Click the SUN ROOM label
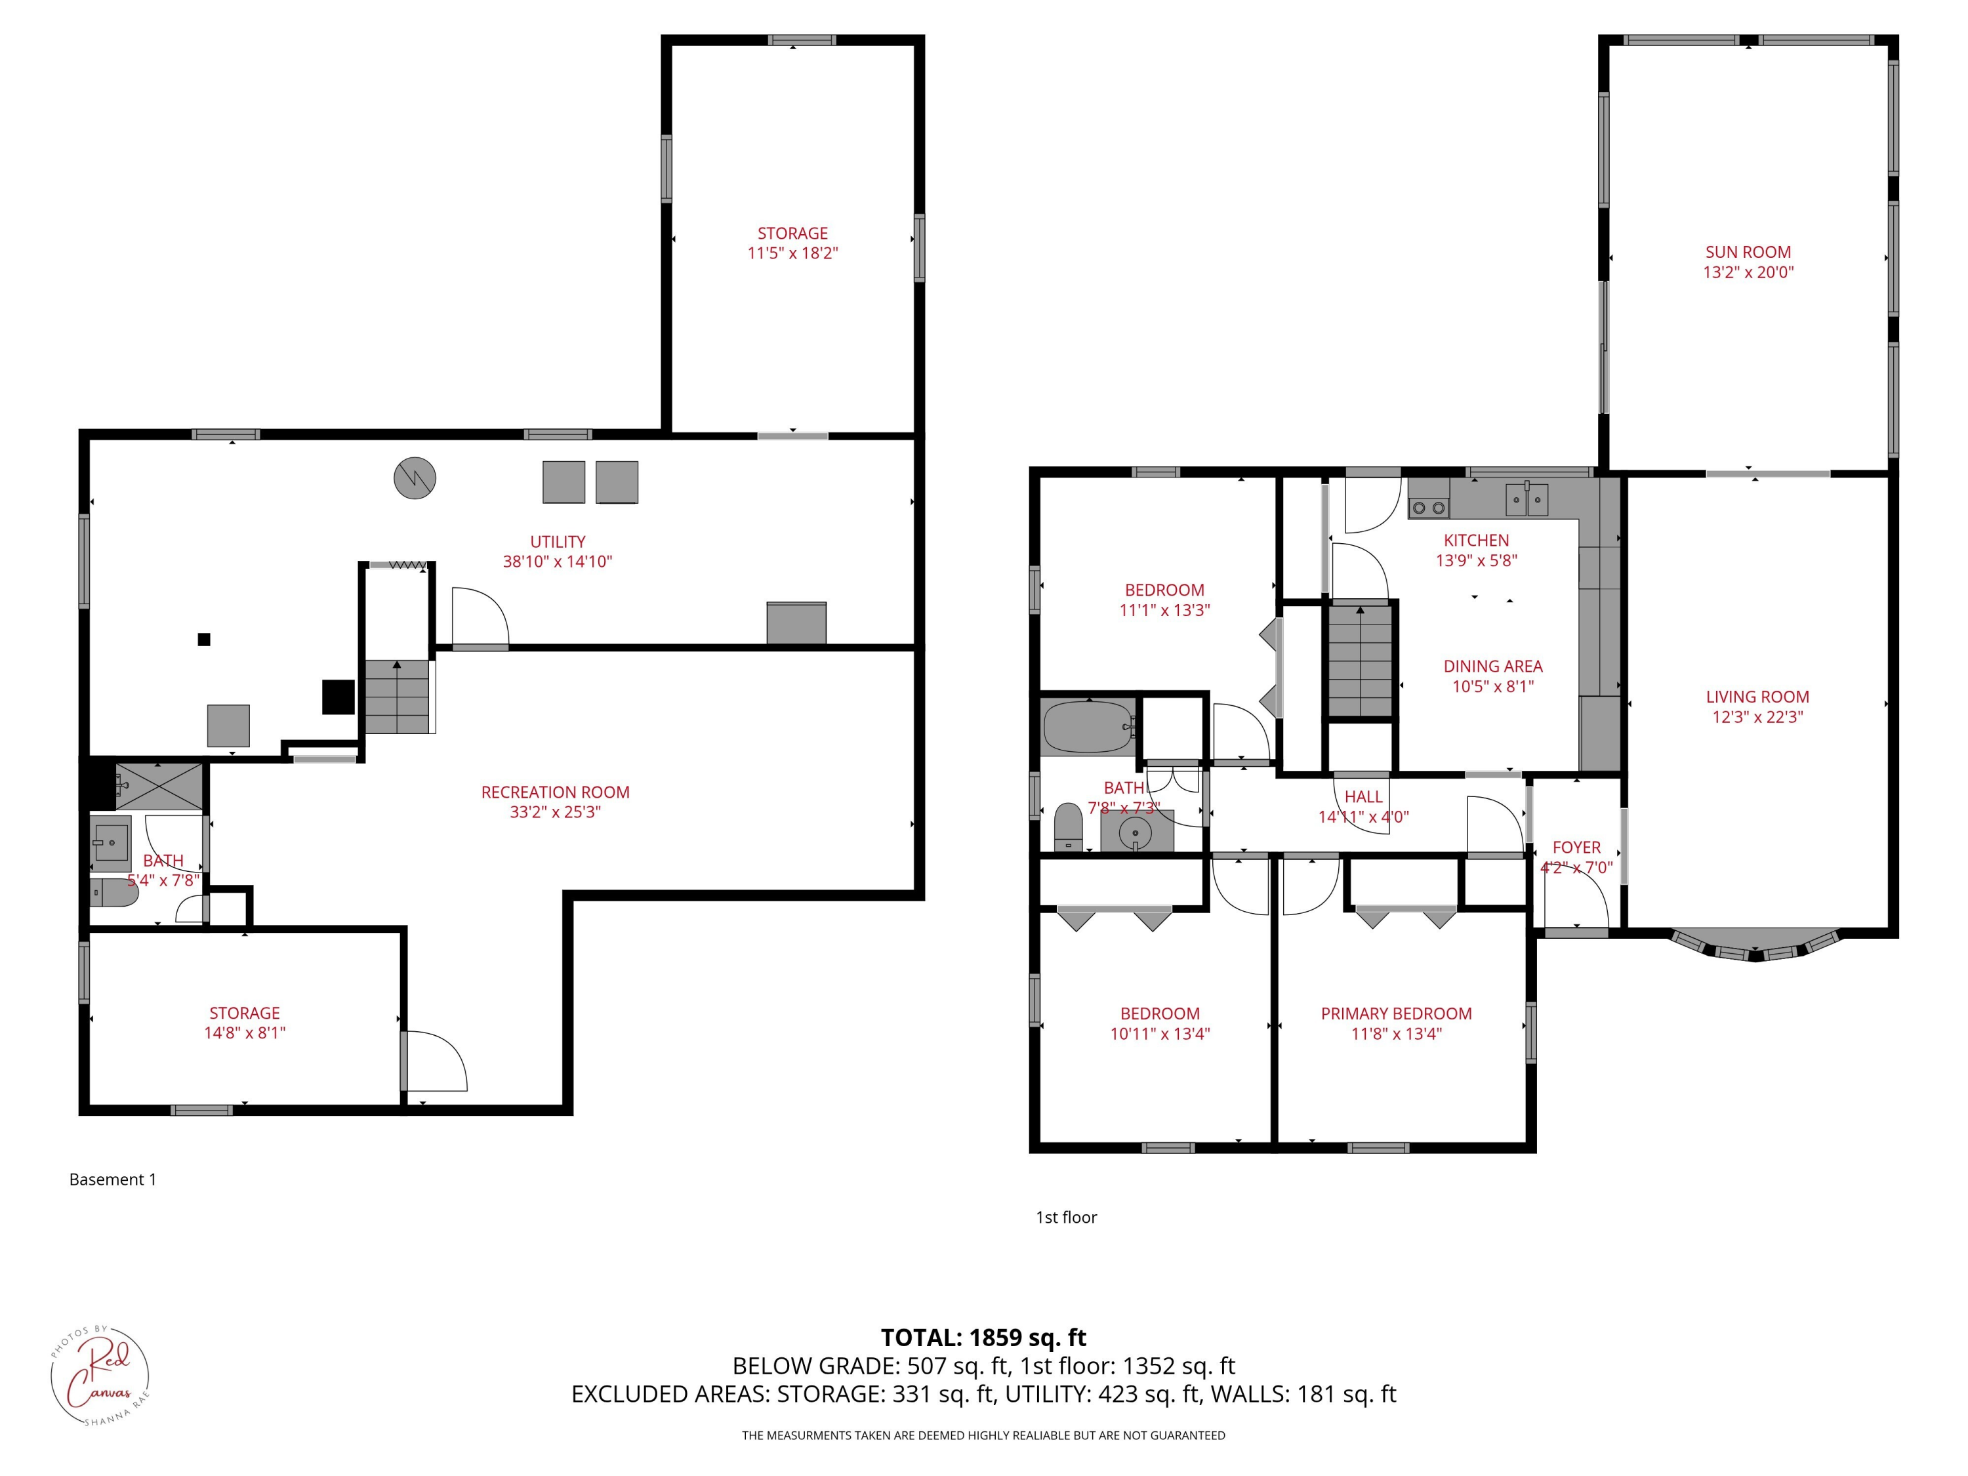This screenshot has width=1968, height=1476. [1748, 252]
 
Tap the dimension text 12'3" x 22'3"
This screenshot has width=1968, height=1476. [1757, 717]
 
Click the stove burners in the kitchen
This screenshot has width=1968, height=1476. [1428, 507]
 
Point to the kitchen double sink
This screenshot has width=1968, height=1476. [1527, 499]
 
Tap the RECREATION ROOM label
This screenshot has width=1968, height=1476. [555, 792]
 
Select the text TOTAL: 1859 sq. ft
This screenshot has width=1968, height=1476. [983, 1337]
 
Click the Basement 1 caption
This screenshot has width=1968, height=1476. [113, 1179]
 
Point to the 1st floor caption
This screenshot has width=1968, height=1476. [1066, 1217]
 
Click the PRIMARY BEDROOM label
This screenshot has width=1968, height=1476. [1396, 1014]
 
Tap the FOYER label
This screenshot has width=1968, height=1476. [1576, 847]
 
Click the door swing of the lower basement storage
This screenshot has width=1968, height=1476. [436, 1061]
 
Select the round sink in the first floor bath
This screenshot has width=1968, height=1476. [1136, 834]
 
